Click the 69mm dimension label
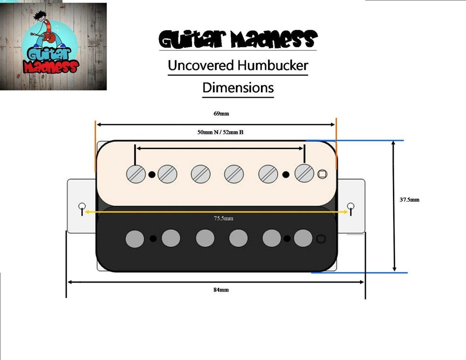pyautogui.click(x=221, y=114)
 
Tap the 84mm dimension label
pyautogui.click(x=221, y=290)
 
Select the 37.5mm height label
pyautogui.click(x=409, y=200)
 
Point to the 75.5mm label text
pyautogui.click(x=224, y=218)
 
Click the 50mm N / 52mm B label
pyautogui.click(x=220, y=132)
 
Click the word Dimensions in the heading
pyautogui.click(x=238, y=88)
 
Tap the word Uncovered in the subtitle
pyautogui.click(x=201, y=65)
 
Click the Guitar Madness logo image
pyautogui.click(x=53, y=47)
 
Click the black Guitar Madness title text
pyautogui.click(x=238, y=39)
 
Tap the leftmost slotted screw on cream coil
pyautogui.click(x=136, y=174)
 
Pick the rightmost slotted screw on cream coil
pyautogui.click(x=304, y=173)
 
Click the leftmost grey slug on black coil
pyautogui.click(x=135, y=239)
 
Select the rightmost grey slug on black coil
pyautogui.click(x=303, y=238)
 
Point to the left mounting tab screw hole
pyautogui.click(x=82, y=206)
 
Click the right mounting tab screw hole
pyautogui.click(x=351, y=206)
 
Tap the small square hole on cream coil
pyautogui.click(x=322, y=174)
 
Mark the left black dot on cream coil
pyautogui.click(x=152, y=174)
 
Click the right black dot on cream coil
pyautogui.click(x=286, y=174)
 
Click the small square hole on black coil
pyautogui.click(x=321, y=239)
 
